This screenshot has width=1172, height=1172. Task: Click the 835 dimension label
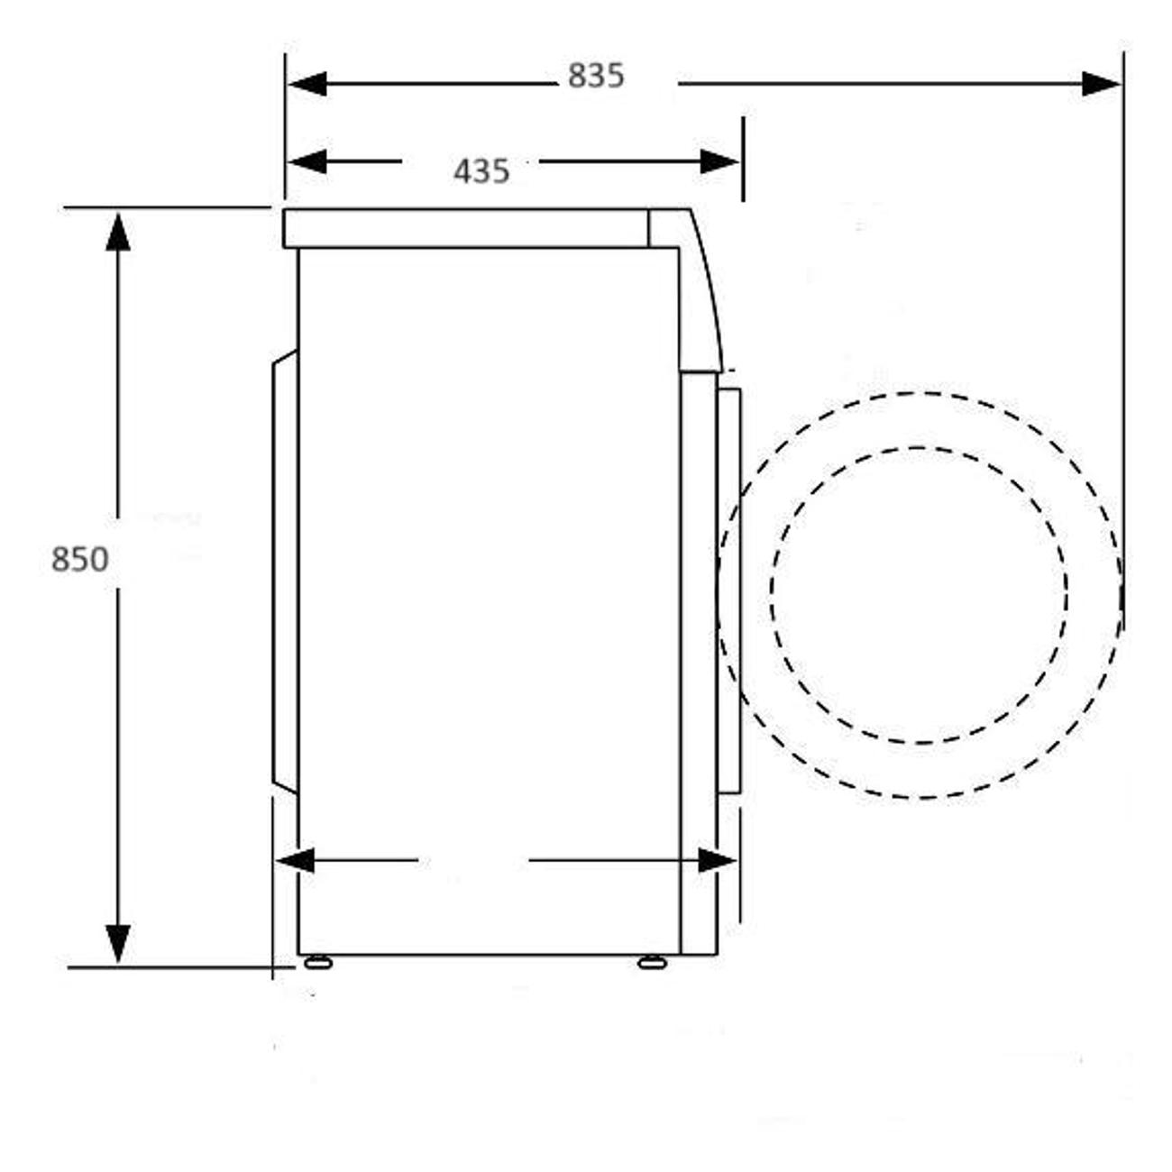point(596,76)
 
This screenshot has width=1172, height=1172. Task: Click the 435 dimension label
point(481,171)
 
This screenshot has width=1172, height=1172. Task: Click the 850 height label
point(79,560)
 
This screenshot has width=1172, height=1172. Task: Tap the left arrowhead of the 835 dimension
point(307,83)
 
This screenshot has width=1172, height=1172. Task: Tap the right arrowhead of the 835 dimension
point(1102,83)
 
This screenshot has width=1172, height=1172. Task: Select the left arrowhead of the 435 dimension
point(307,161)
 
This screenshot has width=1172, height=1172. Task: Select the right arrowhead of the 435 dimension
point(719,161)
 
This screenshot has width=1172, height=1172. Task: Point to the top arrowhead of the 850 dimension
point(118,232)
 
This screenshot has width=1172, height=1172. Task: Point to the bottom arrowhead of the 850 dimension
point(118,945)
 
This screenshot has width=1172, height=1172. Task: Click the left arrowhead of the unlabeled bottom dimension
point(296,861)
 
